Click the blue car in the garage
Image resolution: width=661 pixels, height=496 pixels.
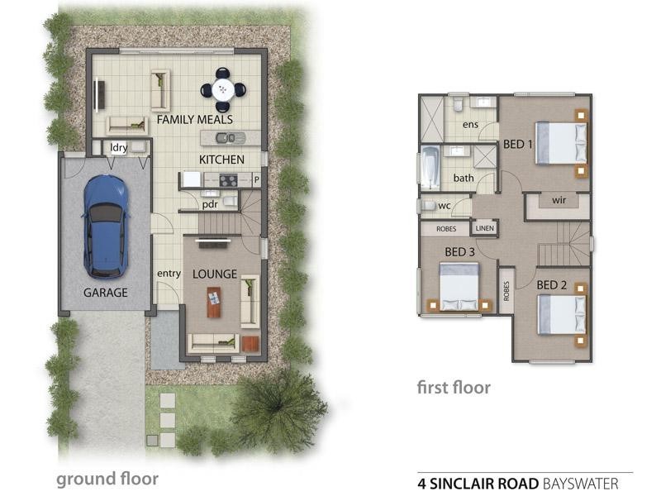tap(105, 225)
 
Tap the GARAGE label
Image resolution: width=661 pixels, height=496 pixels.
tap(105, 292)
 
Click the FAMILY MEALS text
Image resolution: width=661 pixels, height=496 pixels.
tap(195, 120)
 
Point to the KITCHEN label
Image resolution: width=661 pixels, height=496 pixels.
tap(221, 159)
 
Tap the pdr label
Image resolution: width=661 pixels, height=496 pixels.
tap(210, 203)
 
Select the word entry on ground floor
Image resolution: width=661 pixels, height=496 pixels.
tap(169, 274)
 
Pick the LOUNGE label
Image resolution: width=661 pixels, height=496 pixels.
tap(215, 274)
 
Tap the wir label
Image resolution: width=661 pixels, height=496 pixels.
tap(558, 199)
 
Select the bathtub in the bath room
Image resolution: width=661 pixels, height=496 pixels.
tap(430, 168)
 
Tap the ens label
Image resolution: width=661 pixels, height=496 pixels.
tap(470, 125)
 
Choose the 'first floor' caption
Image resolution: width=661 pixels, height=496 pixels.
tap(454, 387)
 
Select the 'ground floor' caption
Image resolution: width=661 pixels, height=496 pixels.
tap(107, 478)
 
